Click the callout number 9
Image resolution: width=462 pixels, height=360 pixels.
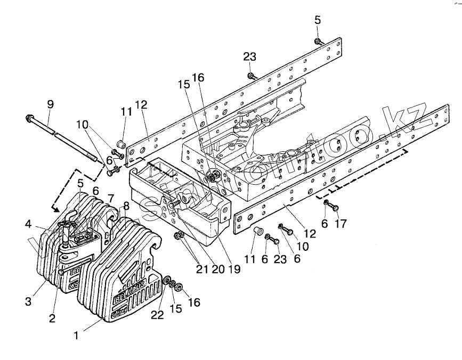pyautogui.click(x=50, y=105)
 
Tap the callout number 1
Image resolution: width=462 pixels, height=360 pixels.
pyautogui.click(x=77, y=336)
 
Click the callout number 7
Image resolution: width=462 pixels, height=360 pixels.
pyautogui.click(x=111, y=198)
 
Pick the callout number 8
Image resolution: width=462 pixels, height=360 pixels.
pyautogui.click(x=126, y=207)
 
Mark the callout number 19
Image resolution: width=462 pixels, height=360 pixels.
pyautogui.click(x=235, y=269)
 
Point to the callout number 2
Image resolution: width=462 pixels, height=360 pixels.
pyautogui.click(x=52, y=319)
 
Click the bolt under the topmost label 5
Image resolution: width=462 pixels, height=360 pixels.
pyautogui.click(x=318, y=42)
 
